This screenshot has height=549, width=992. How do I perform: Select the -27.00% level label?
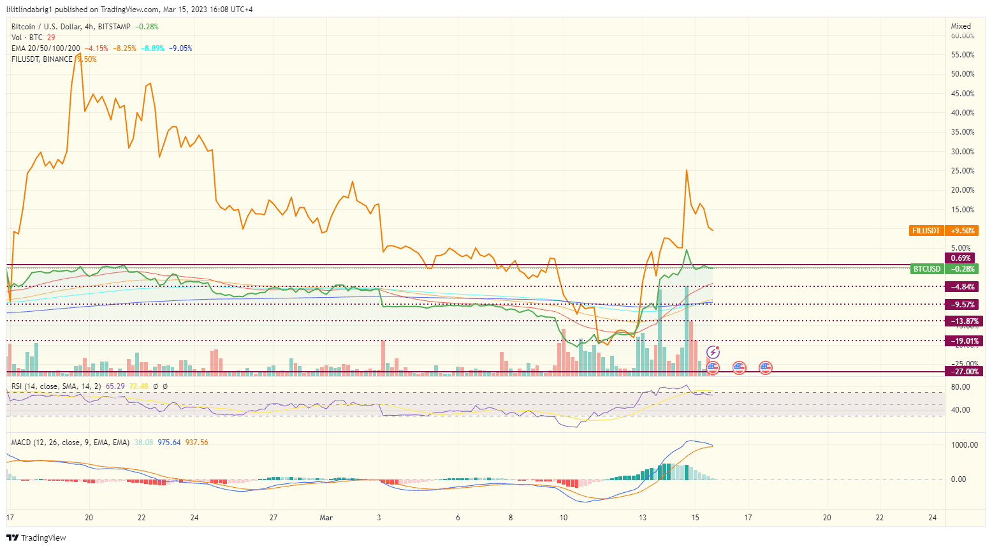(x=964, y=372)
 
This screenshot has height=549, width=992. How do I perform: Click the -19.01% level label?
(x=964, y=341)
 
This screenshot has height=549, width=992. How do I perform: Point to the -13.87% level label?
(x=964, y=321)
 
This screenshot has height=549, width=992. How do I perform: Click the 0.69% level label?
(x=961, y=258)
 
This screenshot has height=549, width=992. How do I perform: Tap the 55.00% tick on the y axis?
(x=963, y=55)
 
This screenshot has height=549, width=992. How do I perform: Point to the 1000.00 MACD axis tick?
(x=965, y=445)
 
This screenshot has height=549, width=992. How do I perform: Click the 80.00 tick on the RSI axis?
(x=960, y=387)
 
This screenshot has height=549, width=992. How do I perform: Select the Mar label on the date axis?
(x=326, y=518)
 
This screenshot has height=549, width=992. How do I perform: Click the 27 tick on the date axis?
(x=274, y=518)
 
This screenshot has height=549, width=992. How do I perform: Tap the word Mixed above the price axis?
(x=961, y=26)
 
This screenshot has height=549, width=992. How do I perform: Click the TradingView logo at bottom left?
(x=36, y=538)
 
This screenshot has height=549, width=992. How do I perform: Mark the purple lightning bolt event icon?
(x=713, y=353)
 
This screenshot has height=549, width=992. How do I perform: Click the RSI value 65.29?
(x=115, y=386)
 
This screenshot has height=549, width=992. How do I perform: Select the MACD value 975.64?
(x=169, y=443)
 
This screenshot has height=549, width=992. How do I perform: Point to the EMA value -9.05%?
(x=180, y=48)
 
